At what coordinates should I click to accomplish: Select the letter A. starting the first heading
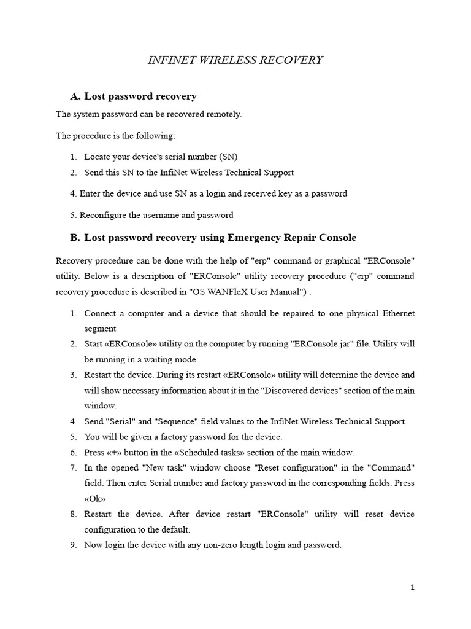click(x=76, y=96)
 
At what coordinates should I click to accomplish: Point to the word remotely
click(x=223, y=114)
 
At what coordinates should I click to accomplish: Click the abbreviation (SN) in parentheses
click(x=227, y=157)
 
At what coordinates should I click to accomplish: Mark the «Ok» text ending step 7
click(x=95, y=498)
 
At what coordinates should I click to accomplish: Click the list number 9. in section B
click(x=73, y=545)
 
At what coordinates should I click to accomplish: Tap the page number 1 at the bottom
click(x=413, y=587)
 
